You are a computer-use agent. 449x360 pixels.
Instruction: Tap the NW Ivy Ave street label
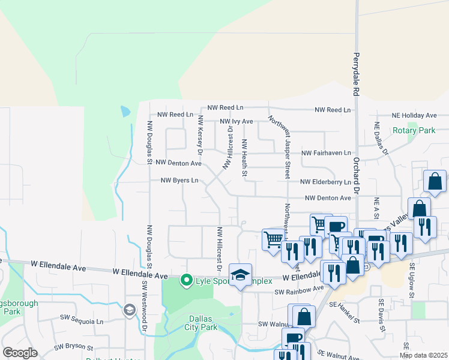237,121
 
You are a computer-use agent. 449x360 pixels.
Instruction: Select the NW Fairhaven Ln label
326,153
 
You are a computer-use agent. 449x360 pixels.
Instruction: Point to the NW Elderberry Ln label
326,182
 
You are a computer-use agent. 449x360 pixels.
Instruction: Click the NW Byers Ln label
179,180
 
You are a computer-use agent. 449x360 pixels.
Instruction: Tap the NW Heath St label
244,158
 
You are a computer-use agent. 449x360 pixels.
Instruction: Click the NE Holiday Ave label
414,115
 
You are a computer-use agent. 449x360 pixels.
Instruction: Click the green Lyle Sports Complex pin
187,280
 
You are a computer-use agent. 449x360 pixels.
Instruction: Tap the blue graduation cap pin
240,275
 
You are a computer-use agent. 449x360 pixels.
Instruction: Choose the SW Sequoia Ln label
82,321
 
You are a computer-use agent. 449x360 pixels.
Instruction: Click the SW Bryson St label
74,347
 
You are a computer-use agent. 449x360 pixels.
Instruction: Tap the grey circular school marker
129,310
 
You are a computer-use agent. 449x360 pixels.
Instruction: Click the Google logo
20,353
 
